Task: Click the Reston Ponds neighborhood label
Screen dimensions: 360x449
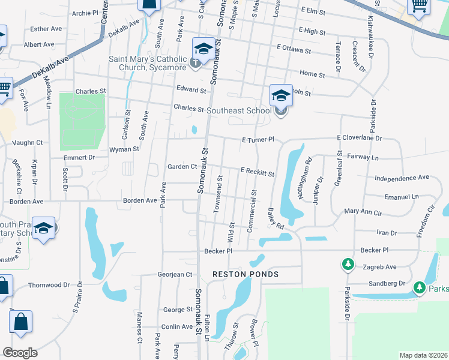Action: tap(246, 274)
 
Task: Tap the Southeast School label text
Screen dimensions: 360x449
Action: tap(238, 110)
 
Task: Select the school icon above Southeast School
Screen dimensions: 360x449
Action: tap(281, 95)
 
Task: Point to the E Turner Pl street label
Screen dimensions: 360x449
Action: tap(258, 139)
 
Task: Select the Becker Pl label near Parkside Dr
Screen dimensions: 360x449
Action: tap(377, 250)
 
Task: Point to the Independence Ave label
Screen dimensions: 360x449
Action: tap(402, 178)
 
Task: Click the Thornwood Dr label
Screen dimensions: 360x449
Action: tap(49, 285)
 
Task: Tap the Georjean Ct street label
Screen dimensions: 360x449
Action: tap(174, 274)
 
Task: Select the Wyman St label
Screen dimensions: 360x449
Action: tap(124, 149)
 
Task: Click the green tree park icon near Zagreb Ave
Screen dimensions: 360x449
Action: tap(347, 264)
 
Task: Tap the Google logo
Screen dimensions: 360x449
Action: tap(20, 353)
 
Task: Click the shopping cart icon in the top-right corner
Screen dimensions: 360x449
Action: tap(419, 6)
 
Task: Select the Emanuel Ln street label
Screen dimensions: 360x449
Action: tap(402, 196)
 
